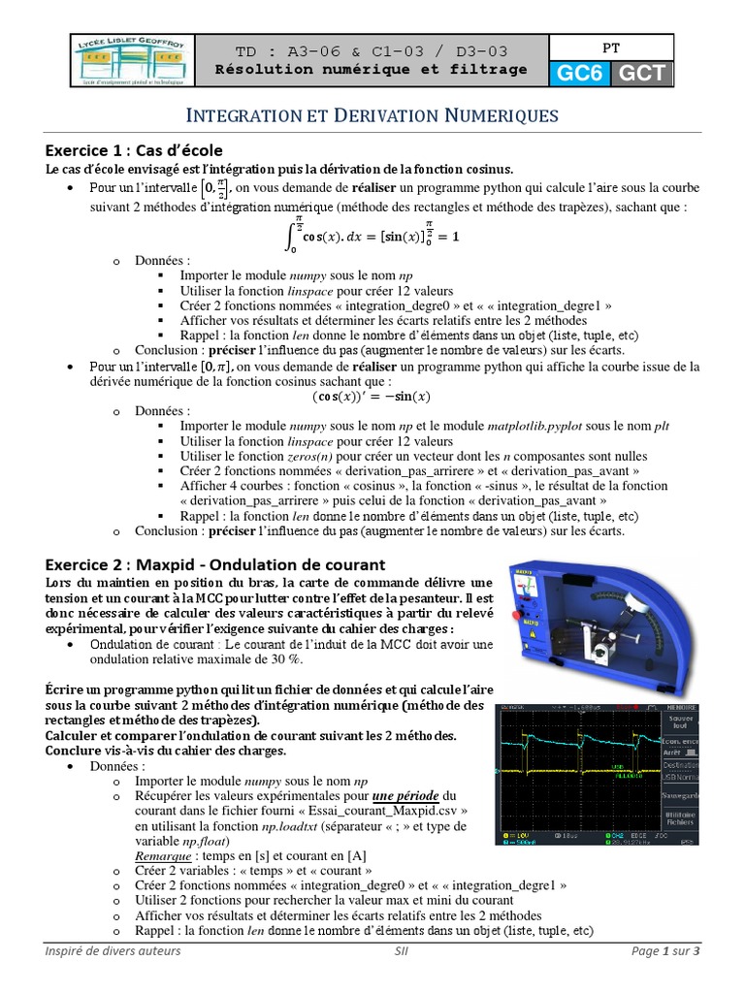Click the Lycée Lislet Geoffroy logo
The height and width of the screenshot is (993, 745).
132,61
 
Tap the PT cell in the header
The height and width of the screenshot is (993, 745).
610,46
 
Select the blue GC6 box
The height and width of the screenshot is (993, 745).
579,74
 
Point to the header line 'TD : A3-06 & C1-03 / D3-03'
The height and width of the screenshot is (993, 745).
372,51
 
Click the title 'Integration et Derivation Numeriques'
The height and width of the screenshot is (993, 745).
372,115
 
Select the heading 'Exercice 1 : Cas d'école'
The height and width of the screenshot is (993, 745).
135,150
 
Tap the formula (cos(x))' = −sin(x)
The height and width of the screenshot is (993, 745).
372,396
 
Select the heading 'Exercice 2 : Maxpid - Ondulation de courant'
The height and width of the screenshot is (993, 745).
215,564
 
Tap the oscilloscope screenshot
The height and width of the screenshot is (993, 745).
596,774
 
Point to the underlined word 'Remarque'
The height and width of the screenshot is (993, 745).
162,856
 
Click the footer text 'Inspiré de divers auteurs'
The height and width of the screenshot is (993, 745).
113,951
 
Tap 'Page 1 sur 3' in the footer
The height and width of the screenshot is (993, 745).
664,951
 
